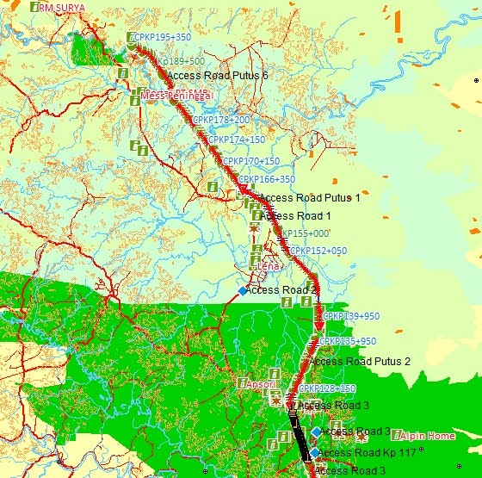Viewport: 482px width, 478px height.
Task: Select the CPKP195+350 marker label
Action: pyautogui.click(x=163, y=37)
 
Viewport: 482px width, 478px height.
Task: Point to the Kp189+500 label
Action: pyautogui.click(x=181, y=61)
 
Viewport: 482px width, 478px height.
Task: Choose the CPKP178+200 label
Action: pyautogui.click(x=221, y=120)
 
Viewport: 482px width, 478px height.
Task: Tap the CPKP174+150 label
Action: pyautogui.click(x=236, y=139)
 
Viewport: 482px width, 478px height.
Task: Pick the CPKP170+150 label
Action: pyautogui.click(x=250, y=161)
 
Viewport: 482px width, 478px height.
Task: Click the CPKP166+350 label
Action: pyautogui.click(x=266, y=179)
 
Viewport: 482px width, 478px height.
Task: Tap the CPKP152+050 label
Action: pyautogui.click(x=318, y=251)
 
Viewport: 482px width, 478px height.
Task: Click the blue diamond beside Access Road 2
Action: pyautogui.click(x=243, y=291)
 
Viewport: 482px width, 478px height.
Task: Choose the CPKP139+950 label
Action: pyautogui.click(x=350, y=316)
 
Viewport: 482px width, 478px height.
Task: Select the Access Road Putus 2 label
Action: pyautogui.click(x=359, y=361)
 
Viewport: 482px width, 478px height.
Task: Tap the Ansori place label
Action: pyautogui.click(x=261, y=383)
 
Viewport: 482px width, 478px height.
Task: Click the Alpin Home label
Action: pyautogui.click(x=427, y=436)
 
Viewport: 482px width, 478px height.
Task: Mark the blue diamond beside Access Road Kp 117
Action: pyautogui.click(x=315, y=452)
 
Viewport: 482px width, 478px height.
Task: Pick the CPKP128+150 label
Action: pyautogui.click(x=326, y=388)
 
